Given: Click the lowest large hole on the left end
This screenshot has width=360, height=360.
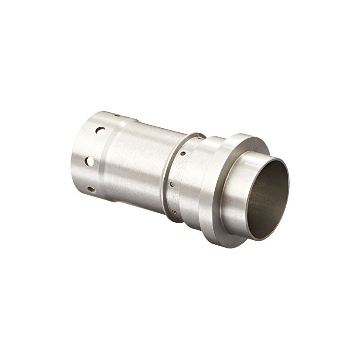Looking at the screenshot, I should point(91,190).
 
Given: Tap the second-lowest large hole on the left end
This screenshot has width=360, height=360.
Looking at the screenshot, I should point(90,161).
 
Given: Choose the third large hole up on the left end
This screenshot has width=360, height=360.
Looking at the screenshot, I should point(100,130).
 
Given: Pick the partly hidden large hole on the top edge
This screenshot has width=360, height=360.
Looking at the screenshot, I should point(117,115).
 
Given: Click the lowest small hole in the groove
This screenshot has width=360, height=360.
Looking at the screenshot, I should point(174,211).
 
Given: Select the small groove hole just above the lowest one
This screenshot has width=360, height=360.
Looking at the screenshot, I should point(172,184).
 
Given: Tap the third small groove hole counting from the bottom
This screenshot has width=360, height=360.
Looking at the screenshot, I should point(183,154).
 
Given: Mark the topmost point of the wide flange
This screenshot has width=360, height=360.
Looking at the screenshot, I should point(243,134).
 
